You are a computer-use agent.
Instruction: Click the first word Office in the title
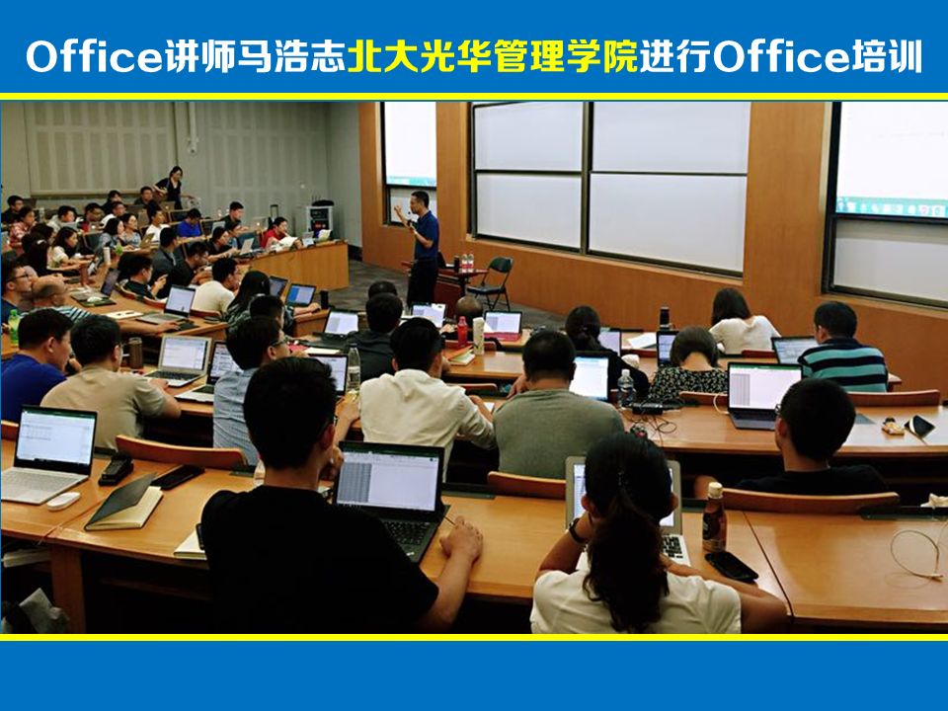coord(94,56)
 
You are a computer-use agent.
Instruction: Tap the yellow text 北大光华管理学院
coord(493,56)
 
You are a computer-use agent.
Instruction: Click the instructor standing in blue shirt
coord(422,248)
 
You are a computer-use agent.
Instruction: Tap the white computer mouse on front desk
coord(63,501)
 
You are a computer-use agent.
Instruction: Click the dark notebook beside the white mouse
coord(124,503)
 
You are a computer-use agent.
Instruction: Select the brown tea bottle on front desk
coord(714,517)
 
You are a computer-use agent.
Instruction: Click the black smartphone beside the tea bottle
coord(731,567)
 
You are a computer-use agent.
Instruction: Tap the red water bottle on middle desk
coord(462,332)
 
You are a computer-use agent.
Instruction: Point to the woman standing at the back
coord(171,187)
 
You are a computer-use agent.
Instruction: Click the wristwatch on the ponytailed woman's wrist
coord(576,531)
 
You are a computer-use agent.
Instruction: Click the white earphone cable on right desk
coord(919,553)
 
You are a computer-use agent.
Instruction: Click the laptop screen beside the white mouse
coord(55,436)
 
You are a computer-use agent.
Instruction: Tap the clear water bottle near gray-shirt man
coord(626,389)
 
